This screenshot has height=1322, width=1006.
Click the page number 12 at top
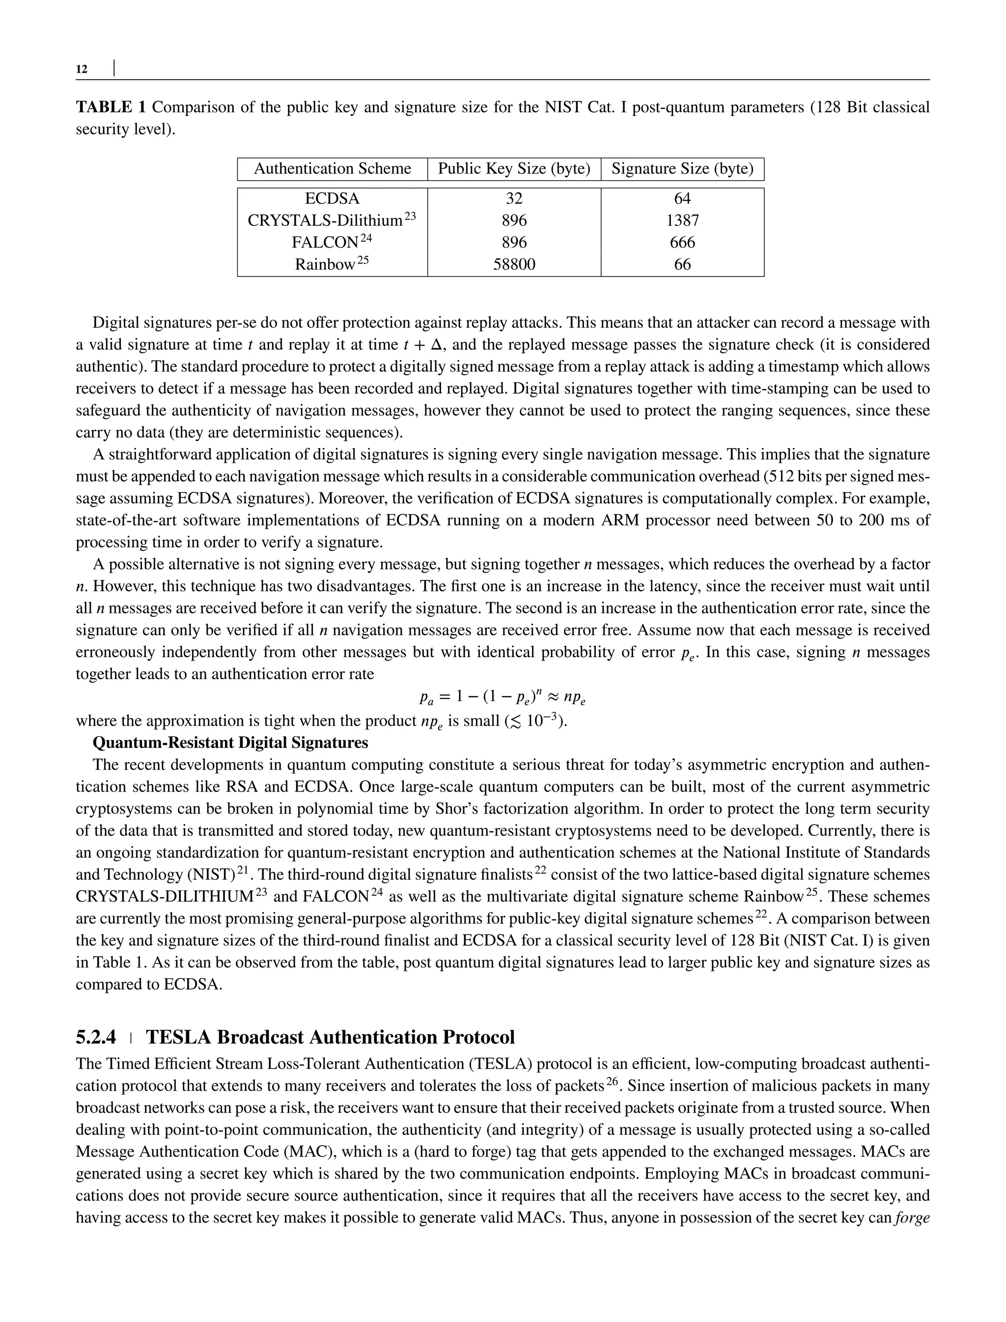[82, 69]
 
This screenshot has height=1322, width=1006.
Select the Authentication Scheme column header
[333, 169]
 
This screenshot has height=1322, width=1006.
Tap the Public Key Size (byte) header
[514, 169]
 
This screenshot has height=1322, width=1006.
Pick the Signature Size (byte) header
[682, 169]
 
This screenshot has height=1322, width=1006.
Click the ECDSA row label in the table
[333, 199]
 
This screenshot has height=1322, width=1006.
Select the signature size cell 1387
[682, 220]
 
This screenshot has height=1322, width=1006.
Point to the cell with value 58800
[514, 264]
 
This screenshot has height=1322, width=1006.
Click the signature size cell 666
[682, 243]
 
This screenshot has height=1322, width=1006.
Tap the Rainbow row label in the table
[325, 265]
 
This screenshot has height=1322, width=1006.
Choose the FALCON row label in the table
[325, 243]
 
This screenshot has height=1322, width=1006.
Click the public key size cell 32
[514, 199]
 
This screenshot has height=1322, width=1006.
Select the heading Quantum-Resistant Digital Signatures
[230, 743]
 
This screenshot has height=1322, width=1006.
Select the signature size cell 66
[682, 264]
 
